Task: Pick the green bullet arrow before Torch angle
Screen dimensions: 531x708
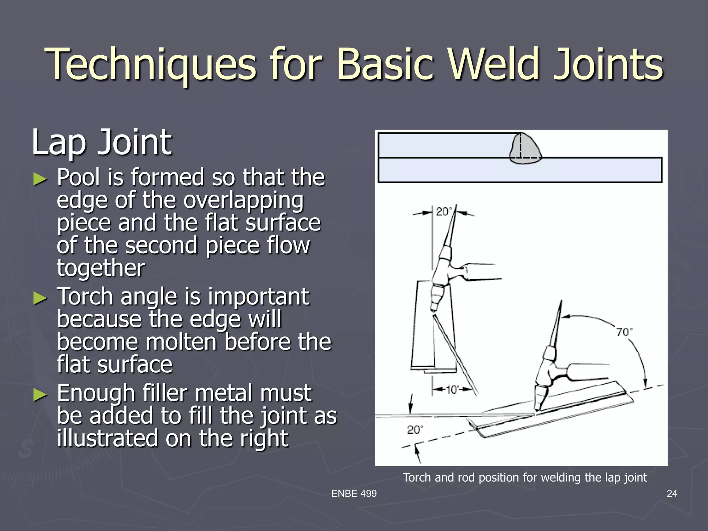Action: coord(40,298)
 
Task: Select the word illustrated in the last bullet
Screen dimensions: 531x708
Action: coord(108,438)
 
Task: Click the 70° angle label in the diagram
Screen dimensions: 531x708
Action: coord(624,332)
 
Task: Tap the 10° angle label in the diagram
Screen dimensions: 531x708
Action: coord(451,390)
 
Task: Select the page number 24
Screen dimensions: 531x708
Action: coord(672,493)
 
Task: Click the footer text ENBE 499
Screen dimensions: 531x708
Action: coord(354,493)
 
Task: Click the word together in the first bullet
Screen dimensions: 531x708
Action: coord(101,268)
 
